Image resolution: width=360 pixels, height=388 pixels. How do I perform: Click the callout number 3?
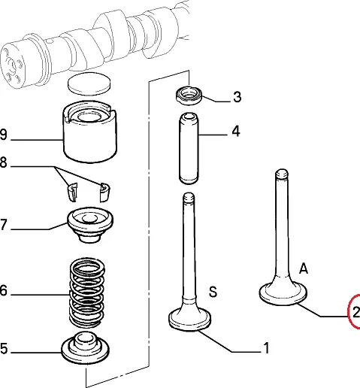[x=237, y=97]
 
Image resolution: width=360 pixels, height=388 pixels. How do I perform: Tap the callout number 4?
[x=236, y=132]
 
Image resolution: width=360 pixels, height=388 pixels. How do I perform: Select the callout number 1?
[x=266, y=348]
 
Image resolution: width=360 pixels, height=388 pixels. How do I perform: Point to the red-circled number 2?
[x=356, y=312]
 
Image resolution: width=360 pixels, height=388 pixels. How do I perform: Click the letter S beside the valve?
[x=213, y=292]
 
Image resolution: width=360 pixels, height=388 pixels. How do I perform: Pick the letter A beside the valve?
[x=304, y=268]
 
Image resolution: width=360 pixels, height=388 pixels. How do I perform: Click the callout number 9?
[x=3, y=135]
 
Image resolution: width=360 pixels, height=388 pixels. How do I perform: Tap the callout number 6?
[x=3, y=291]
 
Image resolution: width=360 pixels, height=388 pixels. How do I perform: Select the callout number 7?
[x=3, y=224]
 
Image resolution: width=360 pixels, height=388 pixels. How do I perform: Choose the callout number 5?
[x=4, y=348]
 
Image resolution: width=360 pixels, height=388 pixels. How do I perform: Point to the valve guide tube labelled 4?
[x=189, y=148]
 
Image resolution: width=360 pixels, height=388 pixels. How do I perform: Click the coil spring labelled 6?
[x=87, y=293]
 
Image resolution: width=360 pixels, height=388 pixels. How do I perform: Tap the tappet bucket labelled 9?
[x=89, y=132]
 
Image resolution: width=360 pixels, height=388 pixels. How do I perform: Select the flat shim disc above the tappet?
[x=89, y=83]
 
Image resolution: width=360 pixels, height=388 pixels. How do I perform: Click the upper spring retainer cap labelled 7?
[x=90, y=225]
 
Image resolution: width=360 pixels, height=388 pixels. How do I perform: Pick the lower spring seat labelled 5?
[x=86, y=347]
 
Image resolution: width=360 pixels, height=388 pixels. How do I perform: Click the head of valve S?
[x=189, y=318]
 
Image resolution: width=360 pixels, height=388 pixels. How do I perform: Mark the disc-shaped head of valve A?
[x=283, y=293]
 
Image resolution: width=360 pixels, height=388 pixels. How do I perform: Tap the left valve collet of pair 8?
[x=72, y=192]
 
